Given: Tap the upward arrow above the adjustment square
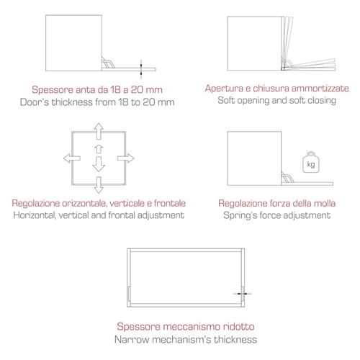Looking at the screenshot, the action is click(x=99, y=131).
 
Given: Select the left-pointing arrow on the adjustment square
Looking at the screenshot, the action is click(x=72, y=158).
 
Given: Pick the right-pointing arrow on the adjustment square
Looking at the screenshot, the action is click(x=125, y=158).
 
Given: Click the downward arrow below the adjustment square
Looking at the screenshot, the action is click(x=99, y=185).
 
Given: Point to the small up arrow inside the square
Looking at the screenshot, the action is click(x=99, y=149).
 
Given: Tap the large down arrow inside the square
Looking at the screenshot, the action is click(x=99, y=164).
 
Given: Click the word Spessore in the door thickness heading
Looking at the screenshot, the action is click(x=53, y=90).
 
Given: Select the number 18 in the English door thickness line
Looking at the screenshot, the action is click(x=123, y=102).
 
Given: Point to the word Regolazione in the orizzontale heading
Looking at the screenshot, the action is click(x=36, y=203).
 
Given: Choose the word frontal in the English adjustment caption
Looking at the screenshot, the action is click(x=122, y=215).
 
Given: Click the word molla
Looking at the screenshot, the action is click(x=324, y=203).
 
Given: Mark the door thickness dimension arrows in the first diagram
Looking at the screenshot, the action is click(x=141, y=69).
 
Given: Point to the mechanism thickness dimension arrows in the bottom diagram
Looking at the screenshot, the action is click(x=243, y=294).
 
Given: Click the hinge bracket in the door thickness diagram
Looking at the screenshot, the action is click(x=108, y=63).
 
